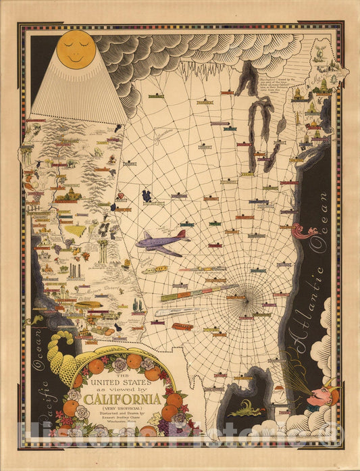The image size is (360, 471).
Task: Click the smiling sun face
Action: tap(75, 50)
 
